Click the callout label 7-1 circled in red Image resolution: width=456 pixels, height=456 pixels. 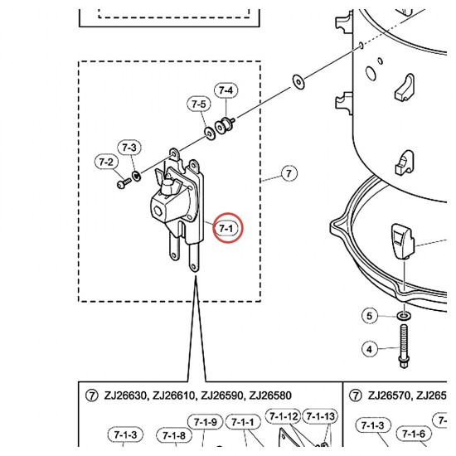226,229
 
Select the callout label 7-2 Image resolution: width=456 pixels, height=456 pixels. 106,162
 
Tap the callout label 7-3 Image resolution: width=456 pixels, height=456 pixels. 129,148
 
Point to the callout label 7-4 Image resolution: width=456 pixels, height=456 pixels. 226,90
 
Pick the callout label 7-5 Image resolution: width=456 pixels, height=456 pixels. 199,104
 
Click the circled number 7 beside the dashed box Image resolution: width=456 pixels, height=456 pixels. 289,173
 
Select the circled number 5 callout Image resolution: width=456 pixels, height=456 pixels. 369,316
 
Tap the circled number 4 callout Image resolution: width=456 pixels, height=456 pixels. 369,349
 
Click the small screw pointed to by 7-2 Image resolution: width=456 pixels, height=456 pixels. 124,183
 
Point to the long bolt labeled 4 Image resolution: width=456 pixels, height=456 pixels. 404,346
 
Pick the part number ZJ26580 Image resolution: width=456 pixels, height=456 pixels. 270,395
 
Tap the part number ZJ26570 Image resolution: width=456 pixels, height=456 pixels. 390,395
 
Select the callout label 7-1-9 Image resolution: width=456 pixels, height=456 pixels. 205,422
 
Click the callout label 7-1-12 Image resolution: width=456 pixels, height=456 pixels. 284,416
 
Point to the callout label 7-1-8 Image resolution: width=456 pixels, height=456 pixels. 174,435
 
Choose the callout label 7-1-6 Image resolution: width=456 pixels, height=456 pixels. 414,434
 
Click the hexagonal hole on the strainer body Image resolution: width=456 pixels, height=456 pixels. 158,211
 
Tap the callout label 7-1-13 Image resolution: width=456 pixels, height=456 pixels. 321,416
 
